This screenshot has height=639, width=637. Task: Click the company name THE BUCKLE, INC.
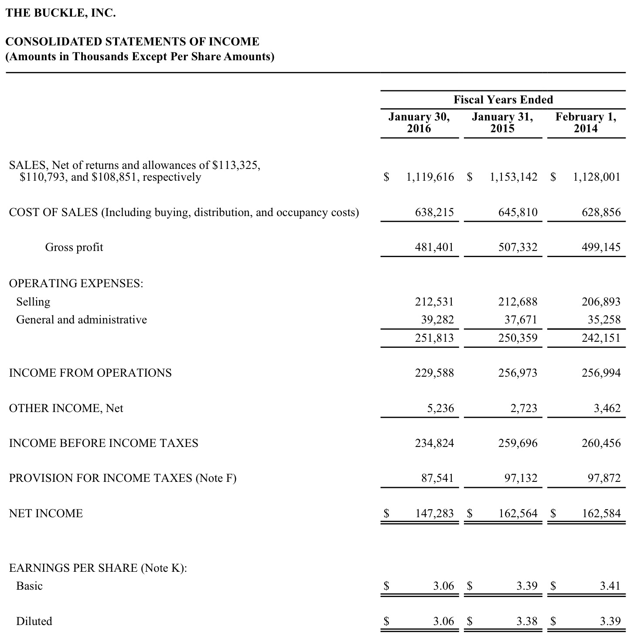[x=61, y=13]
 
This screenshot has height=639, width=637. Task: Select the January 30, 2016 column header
[x=419, y=123]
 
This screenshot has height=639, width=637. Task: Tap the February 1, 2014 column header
[x=586, y=123]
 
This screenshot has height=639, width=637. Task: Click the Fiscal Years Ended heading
[x=503, y=100]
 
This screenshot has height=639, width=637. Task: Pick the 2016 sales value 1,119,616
[x=430, y=177]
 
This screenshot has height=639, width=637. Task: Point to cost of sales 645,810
[x=518, y=213]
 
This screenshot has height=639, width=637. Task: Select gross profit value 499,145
[x=601, y=247]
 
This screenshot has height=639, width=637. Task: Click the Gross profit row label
[x=74, y=247]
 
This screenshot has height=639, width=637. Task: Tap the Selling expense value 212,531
[x=434, y=302]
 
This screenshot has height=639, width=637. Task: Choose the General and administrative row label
[x=82, y=320]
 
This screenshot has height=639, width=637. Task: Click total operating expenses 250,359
[x=518, y=338]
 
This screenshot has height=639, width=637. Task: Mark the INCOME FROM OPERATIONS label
[x=90, y=373]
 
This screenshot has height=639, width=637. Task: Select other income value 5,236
[x=440, y=409]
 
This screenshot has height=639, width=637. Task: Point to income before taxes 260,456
[x=601, y=443]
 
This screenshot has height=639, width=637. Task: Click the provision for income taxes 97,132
[x=521, y=478]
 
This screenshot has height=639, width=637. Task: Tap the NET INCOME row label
[x=46, y=513]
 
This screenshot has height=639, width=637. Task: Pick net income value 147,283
[x=434, y=513]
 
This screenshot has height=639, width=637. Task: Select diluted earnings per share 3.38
[x=527, y=621]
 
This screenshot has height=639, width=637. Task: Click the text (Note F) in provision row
[x=216, y=478]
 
